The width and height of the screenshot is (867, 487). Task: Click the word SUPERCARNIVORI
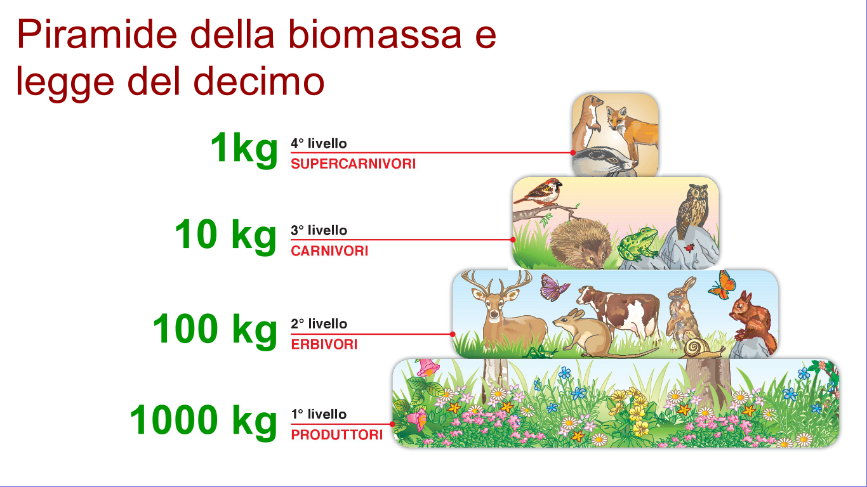coord(353,164)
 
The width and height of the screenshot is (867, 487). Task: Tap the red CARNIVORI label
coord(329,251)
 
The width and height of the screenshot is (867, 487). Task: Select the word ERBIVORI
coord(324,344)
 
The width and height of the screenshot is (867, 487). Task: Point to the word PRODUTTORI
coord(337,435)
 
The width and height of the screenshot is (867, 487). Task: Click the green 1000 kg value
coord(204,420)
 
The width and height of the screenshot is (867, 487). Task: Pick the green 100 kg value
coord(215,329)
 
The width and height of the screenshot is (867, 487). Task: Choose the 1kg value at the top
coord(244,149)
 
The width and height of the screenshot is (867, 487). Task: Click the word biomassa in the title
coord(374,35)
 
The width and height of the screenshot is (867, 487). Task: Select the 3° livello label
coord(319,231)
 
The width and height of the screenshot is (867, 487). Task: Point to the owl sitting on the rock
coord(693,210)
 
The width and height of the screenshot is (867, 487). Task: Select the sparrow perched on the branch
coord(540,192)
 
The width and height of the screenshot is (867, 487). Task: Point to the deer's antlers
coord(496,282)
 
